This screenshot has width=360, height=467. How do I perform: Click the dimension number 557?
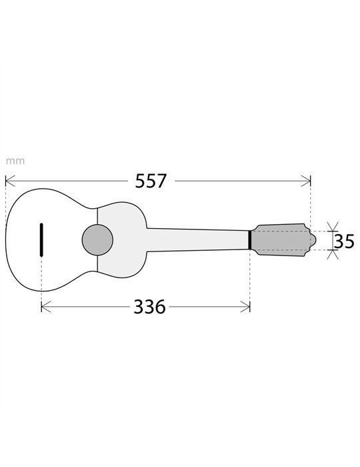151,181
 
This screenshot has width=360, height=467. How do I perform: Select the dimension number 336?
149,307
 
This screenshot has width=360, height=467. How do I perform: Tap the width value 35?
344,241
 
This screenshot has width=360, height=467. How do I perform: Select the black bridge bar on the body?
41,240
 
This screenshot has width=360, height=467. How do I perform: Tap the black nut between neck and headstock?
249,240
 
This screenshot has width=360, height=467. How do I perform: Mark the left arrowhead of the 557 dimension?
9,181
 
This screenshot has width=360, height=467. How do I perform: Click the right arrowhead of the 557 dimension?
307,181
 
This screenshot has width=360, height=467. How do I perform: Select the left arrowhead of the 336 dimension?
45,307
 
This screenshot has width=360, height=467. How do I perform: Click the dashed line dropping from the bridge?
41,280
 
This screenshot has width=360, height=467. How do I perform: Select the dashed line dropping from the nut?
249,280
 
